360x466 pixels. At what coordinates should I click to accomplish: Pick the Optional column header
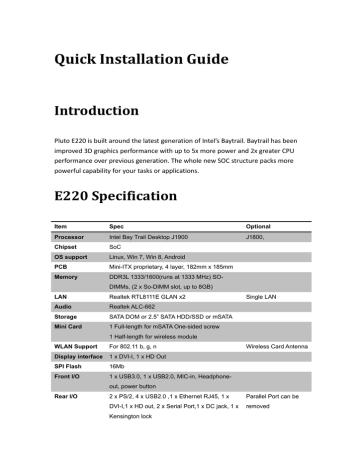(x=259, y=226)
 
